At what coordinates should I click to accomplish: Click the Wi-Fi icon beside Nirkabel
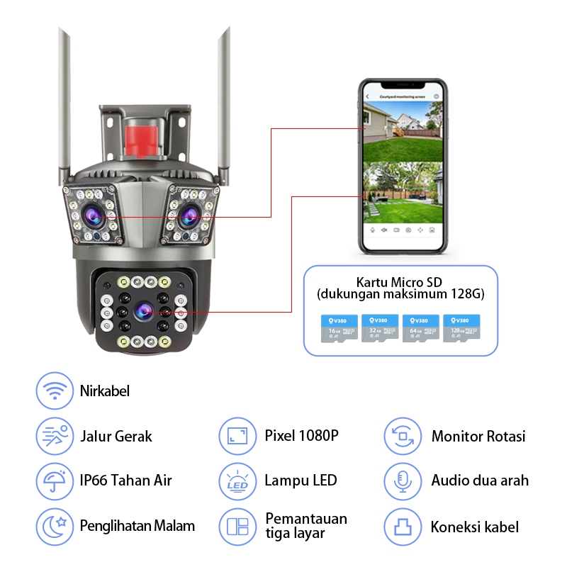(55, 391)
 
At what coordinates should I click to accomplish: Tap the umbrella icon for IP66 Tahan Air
(55, 481)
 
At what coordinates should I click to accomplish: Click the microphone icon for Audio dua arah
(403, 481)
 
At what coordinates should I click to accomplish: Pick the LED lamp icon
(237, 481)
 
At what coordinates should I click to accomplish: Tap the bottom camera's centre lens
(145, 310)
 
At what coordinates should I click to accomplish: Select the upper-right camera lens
(189, 214)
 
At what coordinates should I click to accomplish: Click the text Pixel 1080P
(301, 435)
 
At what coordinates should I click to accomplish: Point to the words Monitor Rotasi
(478, 436)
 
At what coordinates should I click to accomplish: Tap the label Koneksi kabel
(474, 527)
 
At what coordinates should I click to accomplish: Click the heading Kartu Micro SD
(401, 281)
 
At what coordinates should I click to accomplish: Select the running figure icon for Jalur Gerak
(55, 436)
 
